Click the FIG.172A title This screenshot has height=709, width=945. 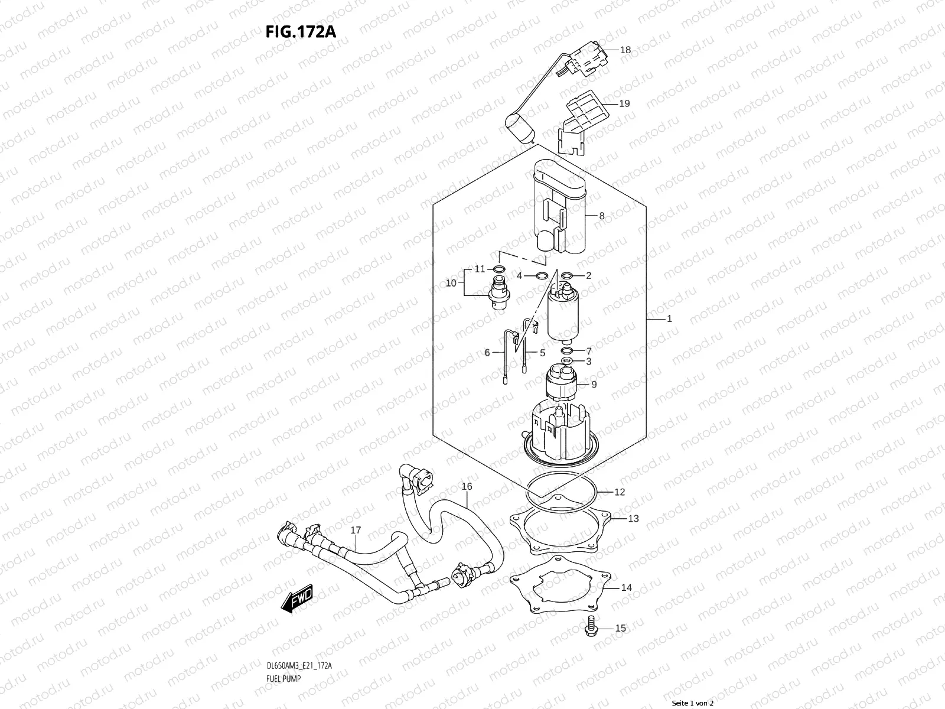pyautogui.click(x=301, y=31)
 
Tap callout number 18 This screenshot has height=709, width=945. pyautogui.click(x=625, y=50)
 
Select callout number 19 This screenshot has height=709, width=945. pyautogui.click(x=624, y=103)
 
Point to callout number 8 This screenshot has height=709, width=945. pyautogui.click(x=602, y=216)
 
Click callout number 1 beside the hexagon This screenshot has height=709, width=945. pyautogui.click(x=669, y=318)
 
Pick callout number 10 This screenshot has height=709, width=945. pyautogui.click(x=451, y=283)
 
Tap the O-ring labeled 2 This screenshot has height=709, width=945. pyautogui.click(x=567, y=275)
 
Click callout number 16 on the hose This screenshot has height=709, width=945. pyautogui.click(x=467, y=487)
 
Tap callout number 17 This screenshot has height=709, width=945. pyautogui.click(x=356, y=531)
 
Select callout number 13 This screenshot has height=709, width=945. pyautogui.click(x=633, y=519)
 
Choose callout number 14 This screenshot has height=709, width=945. pyautogui.click(x=627, y=587)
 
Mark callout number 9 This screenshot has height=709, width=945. pyautogui.click(x=594, y=384)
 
